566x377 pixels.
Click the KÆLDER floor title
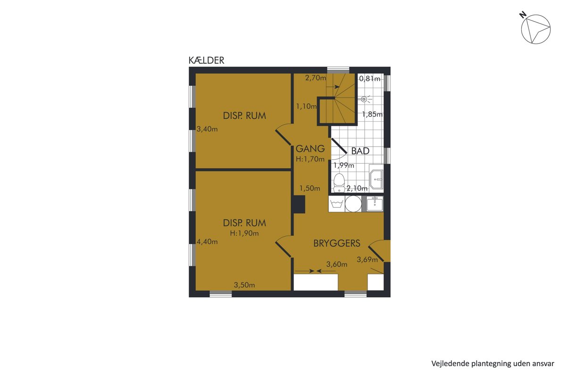pos(206,60)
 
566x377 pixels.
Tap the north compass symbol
pos(535,29)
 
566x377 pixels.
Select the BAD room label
pos(360,151)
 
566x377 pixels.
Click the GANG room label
pos(310,148)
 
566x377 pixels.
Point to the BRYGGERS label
pos(337,243)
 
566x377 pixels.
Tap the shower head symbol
pos(364,99)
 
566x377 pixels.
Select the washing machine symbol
pos(336,204)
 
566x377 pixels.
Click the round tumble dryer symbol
pos(353,204)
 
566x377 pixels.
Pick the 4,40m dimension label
pos(207,242)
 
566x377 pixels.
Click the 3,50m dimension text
pos(244,285)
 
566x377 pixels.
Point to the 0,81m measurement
pos(370,79)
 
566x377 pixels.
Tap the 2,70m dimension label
pos(316,78)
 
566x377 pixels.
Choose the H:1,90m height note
pos(244,233)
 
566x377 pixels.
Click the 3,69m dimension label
pos(367,259)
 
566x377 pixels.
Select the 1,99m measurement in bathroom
pos(344,166)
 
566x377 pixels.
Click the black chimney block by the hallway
pos(299,204)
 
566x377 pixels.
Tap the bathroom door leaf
pos(339,146)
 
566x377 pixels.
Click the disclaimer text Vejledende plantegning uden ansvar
pos(493,364)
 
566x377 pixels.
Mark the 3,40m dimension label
pos(207,129)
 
